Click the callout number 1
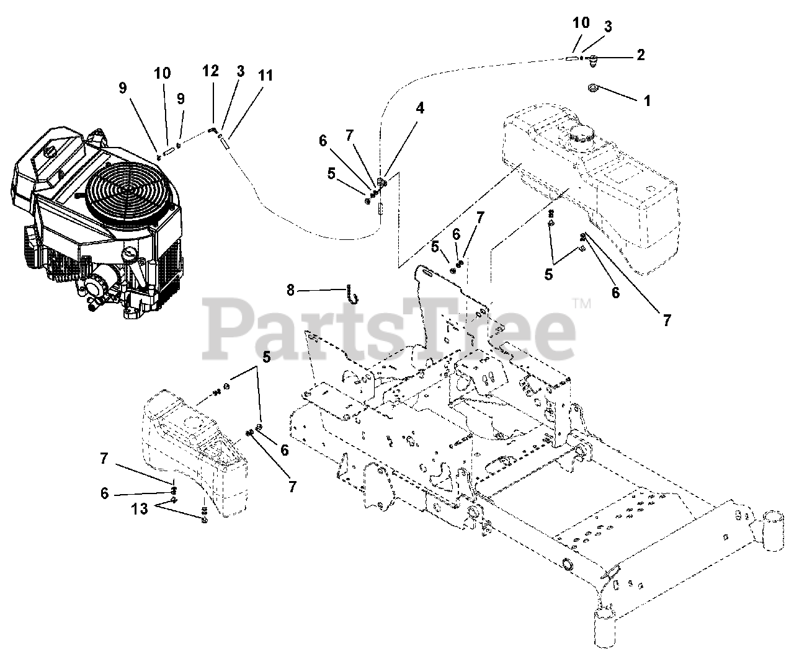pyautogui.click(x=648, y=100)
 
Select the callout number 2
pyautogui.click(x=640, y=55)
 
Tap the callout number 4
pyautogui.click(x=420, y=108)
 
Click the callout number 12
pyautogui.click(x=211, y=71)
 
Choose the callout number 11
pyautogui.click(x=265, y=76)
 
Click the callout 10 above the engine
pyautogui.click(x=163, y=73)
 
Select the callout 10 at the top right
pyautogui.click(x=581, y=24)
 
